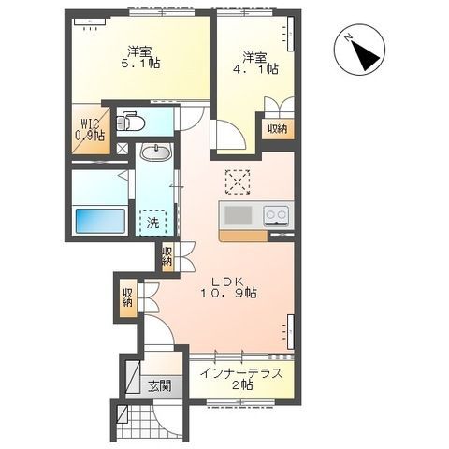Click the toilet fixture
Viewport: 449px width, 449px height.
[130, 122]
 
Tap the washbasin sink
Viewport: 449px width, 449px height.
[156, 152]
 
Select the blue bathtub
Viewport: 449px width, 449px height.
[100, 221]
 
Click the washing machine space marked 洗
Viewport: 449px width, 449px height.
[152, 223]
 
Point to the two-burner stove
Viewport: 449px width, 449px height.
[276, 215]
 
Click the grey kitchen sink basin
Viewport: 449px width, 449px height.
[239, 215]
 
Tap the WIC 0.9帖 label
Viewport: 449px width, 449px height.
[90, 130]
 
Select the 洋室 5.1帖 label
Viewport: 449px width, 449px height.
[140, 57]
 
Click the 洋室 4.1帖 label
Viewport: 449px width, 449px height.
[256, 64]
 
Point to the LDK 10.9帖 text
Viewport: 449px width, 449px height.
[228, 287]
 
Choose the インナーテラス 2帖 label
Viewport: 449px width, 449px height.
[241, 379]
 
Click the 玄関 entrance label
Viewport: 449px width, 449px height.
[160, 386]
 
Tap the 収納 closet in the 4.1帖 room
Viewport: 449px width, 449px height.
[278, 129]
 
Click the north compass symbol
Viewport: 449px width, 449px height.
[359, 50]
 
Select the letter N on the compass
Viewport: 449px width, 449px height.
[348, 37]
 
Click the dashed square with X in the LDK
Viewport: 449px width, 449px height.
[238, 182]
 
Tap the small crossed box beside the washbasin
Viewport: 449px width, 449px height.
[122, 149]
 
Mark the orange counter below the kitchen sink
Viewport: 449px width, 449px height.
[243, 236]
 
